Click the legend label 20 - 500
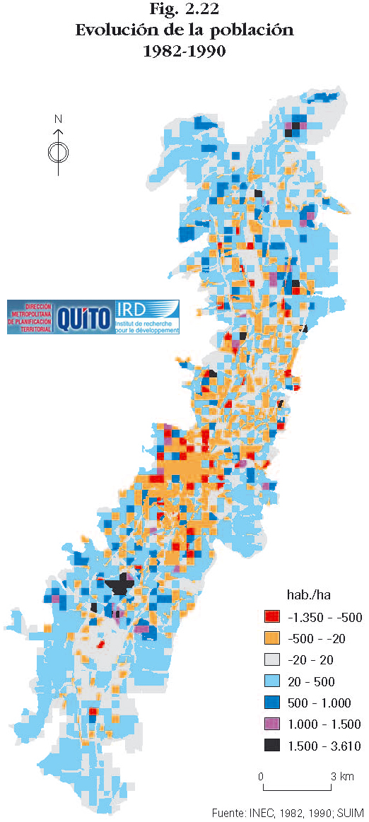(312, 682)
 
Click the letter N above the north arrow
(59, 119)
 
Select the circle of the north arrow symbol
(59, 151)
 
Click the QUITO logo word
(83, 316)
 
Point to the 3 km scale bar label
(343, 777)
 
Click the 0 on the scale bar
(261, 777)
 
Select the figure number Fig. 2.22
(184, 10)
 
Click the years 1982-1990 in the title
(184, 51)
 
